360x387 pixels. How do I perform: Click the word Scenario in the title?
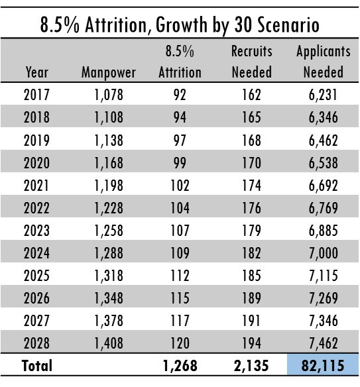tap(288, 25)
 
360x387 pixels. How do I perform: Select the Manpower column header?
tap(109, 73)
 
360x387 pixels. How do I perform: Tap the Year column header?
tap(36, 72)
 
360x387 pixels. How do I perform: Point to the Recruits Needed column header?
tap(252, 62)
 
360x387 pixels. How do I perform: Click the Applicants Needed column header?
tap(324, 62)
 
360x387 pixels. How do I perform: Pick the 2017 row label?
tap(36, 95)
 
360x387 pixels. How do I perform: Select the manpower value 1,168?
tap(109, 163)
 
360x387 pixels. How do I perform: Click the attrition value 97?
tap(180, 140)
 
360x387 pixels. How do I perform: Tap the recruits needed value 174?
tap(251, 186)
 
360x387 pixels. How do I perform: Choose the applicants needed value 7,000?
tap(324, 253)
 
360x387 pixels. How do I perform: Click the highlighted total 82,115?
tap(323, 366)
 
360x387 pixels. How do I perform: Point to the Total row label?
tap(37, 366)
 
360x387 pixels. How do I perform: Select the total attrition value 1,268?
tap(180, 366)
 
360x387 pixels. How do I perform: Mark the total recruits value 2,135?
tap(251, 366)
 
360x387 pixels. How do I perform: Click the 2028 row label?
tap(36, 343)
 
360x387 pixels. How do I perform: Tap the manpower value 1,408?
tap(109, 343)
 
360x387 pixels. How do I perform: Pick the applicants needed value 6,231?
tap(323, 95)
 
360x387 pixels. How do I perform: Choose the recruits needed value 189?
tap(251, 298)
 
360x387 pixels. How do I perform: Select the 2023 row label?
tap(36, 230)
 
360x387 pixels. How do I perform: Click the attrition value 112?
tap(180, 276)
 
